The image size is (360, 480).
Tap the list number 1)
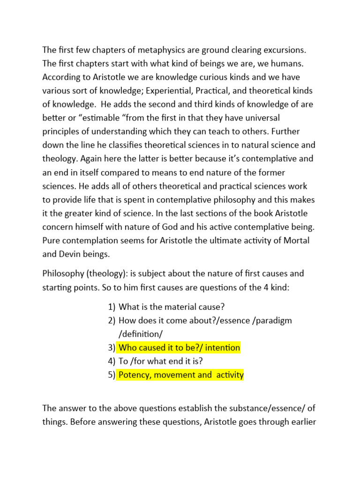point(111,307)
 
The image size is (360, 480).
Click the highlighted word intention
point(221,348)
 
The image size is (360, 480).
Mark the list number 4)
point(111,361)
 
